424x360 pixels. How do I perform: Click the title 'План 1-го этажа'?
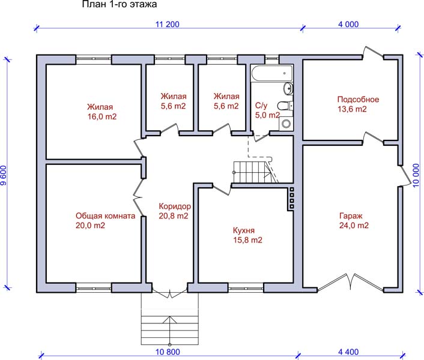(120, 4)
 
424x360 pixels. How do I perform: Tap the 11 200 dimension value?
(168, 25)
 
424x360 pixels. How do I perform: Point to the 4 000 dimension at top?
(348, 25)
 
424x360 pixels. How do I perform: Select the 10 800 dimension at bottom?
(168, 352)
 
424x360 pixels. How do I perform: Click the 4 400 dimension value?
(348, 352)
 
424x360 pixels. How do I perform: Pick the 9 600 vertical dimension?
(4, 175)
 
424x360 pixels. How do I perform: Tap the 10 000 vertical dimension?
(416, 175)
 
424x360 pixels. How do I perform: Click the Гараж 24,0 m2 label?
(354, 221)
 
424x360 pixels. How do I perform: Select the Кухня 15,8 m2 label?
(247, 235)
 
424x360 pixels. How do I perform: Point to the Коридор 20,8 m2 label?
(175, 211)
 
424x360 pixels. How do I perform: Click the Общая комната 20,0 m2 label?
(105, 220)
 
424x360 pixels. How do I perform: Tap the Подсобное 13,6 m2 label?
(358, 104)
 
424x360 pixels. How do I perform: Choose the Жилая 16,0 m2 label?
(101, 112)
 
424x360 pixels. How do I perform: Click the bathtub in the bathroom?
(272, 73)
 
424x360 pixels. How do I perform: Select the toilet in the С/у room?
(285, 106)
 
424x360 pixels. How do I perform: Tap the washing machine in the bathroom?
(286, 124)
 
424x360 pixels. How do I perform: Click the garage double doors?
(350, 282)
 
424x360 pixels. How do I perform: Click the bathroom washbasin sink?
(288, 88)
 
